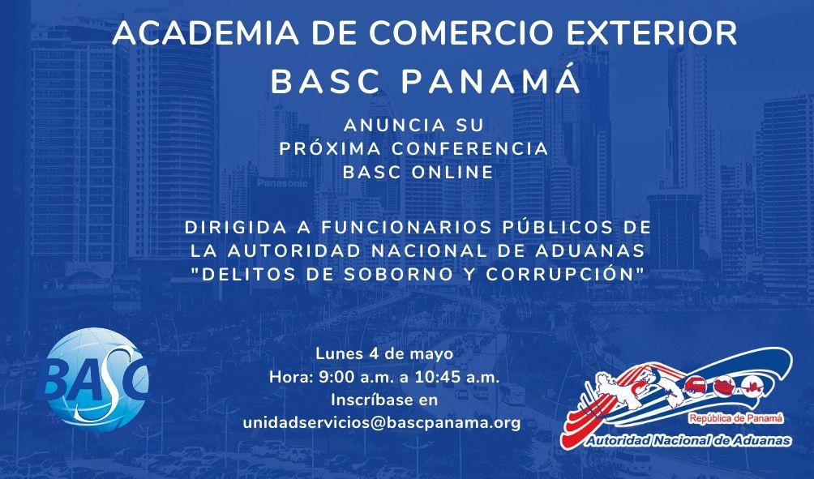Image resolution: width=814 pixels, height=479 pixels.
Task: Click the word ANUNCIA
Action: point(395,125)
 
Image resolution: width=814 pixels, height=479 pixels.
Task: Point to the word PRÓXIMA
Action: point(330,148)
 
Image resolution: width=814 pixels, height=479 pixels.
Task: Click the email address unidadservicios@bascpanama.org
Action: point(382,423)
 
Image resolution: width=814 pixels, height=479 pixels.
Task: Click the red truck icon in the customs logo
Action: point(696,386)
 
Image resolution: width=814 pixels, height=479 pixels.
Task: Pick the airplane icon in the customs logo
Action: point(751,386)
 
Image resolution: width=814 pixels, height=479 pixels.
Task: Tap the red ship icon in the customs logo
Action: point(723,386)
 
